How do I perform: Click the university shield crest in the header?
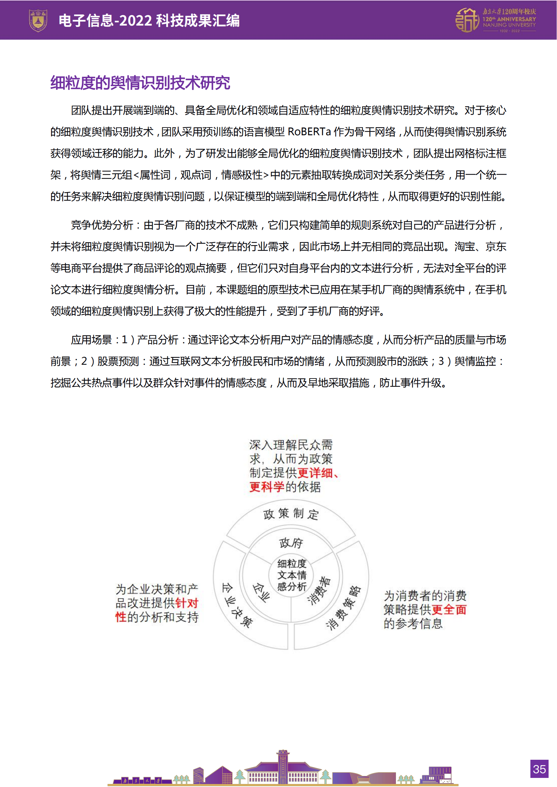pos(38,20)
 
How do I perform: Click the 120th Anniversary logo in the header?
pos(495,21)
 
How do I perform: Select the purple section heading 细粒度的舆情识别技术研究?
pos(140,83)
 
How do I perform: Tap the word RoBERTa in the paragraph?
pos(309,132)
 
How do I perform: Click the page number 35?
pos(539,769)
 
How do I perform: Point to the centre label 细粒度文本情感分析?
pos(292,575)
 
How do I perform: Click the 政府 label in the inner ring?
pos(291,543)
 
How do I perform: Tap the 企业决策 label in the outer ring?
pos(237,605)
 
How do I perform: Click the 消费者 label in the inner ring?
pos(319,590)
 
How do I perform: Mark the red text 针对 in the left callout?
pos(187,603)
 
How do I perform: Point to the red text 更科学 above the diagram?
pos(266,487)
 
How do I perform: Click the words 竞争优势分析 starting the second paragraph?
pos(102,225)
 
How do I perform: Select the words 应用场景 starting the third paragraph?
pos(91,340)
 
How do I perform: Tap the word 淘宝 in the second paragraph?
pos(465,247)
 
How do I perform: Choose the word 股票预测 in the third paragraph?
pos(118,361)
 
